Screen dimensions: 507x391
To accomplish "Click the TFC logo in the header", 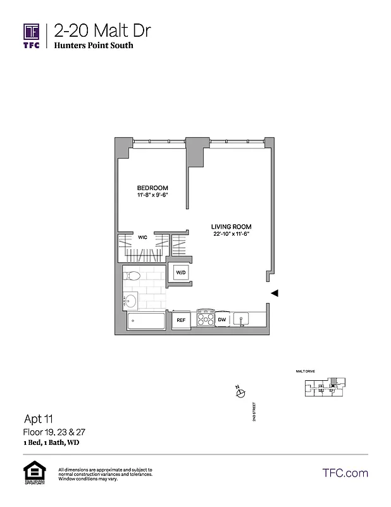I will (x=32, y=35).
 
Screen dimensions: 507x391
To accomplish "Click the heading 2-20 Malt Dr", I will (x=102, y=30).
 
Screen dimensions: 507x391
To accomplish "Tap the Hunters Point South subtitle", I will (x=94, y=46).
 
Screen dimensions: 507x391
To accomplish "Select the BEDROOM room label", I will (x=153, y=188).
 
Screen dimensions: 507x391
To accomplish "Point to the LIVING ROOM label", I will (x=232, y=226).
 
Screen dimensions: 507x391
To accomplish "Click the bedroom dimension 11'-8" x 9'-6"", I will (x=153, y=196).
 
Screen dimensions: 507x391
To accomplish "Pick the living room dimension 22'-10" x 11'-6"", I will (x=232, y=234).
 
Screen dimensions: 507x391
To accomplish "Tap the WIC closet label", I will (x=143, y=238).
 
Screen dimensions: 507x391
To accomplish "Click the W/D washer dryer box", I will (x=181, y=273).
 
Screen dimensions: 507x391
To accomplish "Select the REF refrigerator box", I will (x=181, y=321).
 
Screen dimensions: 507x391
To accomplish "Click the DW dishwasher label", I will (x=222, y=320).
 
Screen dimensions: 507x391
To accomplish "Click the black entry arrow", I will (x=275, y=293).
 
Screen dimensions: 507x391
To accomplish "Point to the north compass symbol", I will (x=240, y=393).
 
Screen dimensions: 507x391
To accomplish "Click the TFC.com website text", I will (x=345, y=473).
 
